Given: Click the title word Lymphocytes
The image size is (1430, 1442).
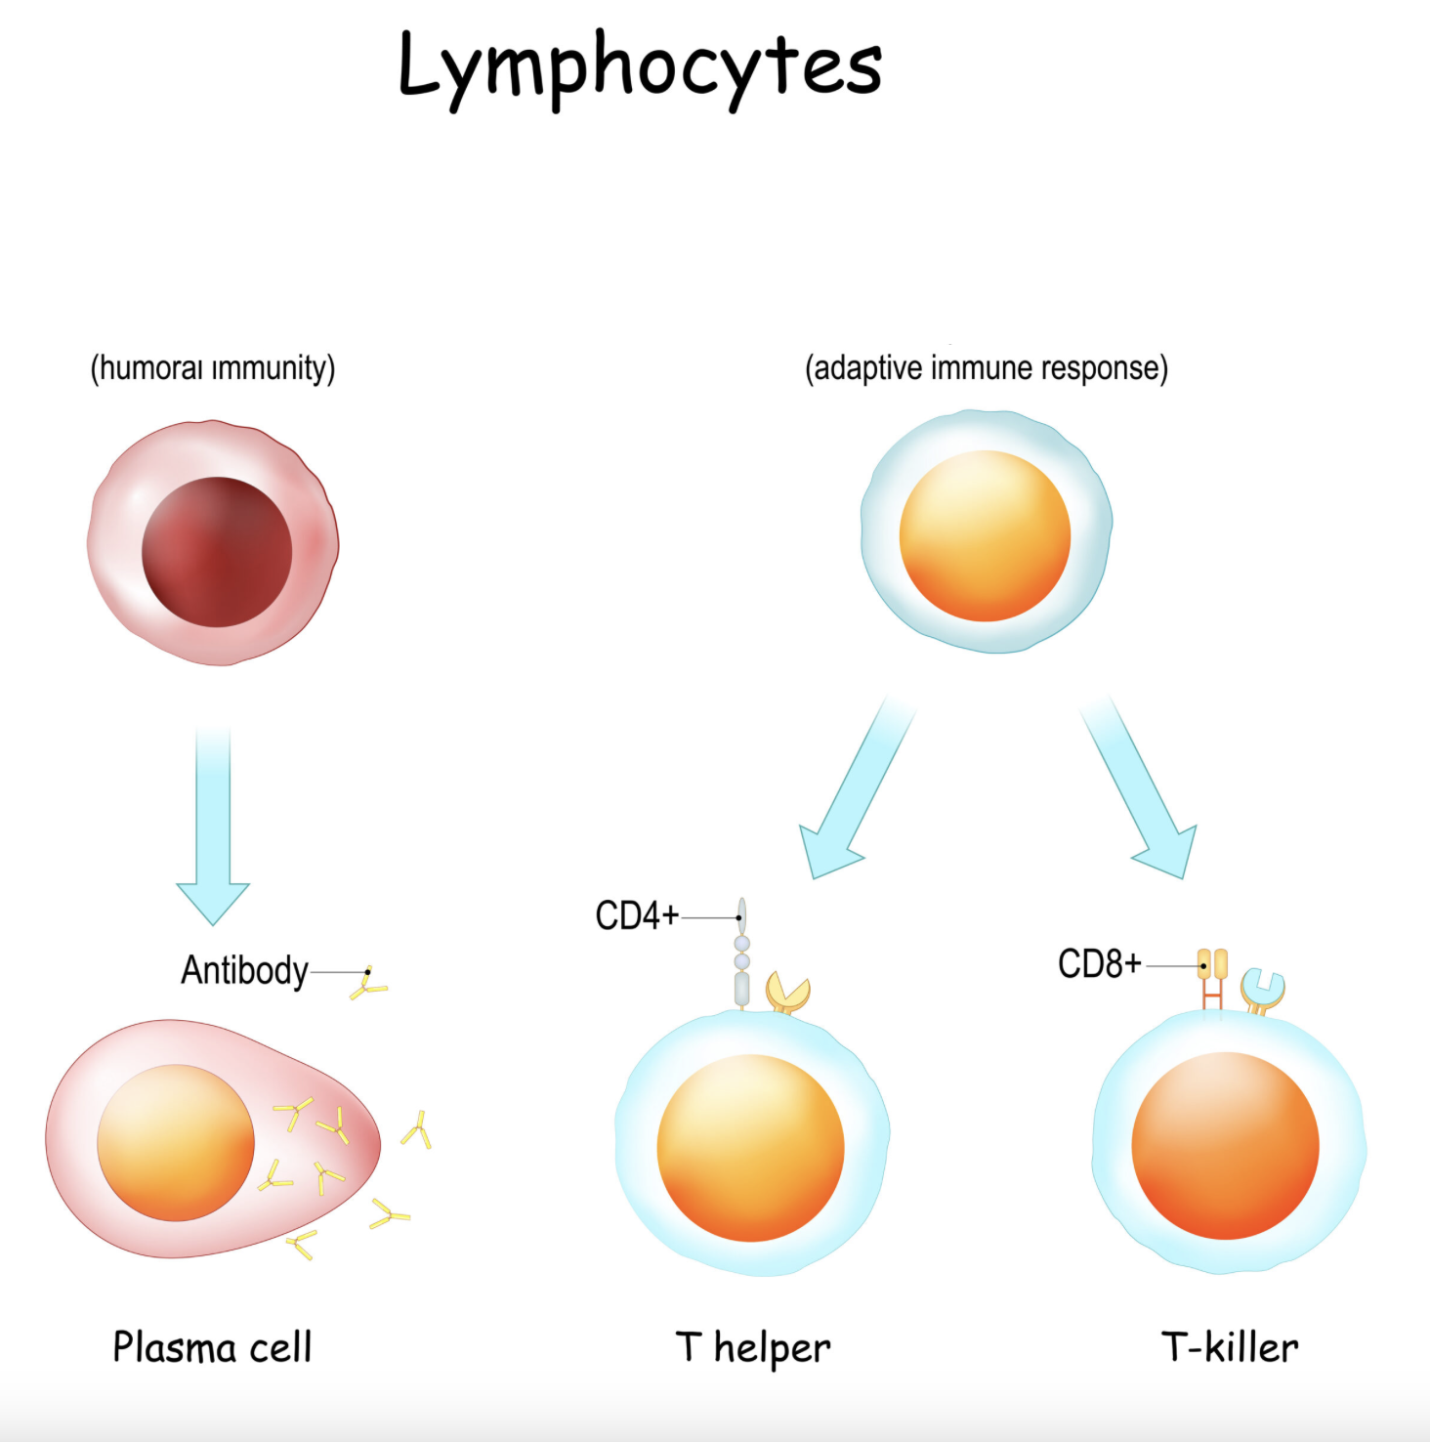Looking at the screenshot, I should coord(640,65).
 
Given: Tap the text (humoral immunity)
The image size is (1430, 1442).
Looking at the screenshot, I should coord(213,368).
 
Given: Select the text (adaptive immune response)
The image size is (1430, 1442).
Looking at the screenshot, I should coord(986,368).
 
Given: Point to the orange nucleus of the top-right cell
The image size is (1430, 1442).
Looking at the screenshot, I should coord(985,535).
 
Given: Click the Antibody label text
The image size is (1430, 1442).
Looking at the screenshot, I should coord(244,970).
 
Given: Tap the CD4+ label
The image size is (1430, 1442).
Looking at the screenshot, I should coord(637,916).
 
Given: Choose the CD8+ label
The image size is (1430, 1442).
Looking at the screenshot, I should coord(1100,964).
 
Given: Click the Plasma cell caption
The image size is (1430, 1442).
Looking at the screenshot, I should coord(212,1347).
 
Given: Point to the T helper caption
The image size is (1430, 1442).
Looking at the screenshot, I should coord(753,1347).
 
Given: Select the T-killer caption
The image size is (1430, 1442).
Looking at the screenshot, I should coord(1230,1347).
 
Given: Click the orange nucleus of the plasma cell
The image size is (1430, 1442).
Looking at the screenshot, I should coord(176,1142).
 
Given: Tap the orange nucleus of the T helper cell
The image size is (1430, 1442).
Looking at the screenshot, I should coord(750,1148).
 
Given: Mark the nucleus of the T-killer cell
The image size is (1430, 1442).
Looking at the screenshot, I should coord(1225,1146).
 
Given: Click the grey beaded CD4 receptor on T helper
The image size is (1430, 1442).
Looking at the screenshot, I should coord(741,962).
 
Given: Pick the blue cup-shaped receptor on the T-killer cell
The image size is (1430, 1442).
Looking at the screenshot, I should coord(1263,990).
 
